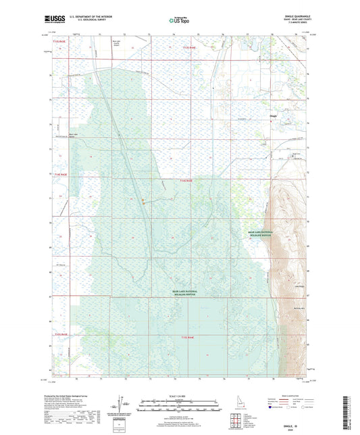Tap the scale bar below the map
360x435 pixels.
click(x=179, y=407)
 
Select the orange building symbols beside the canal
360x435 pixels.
click(x=143, y=200)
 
